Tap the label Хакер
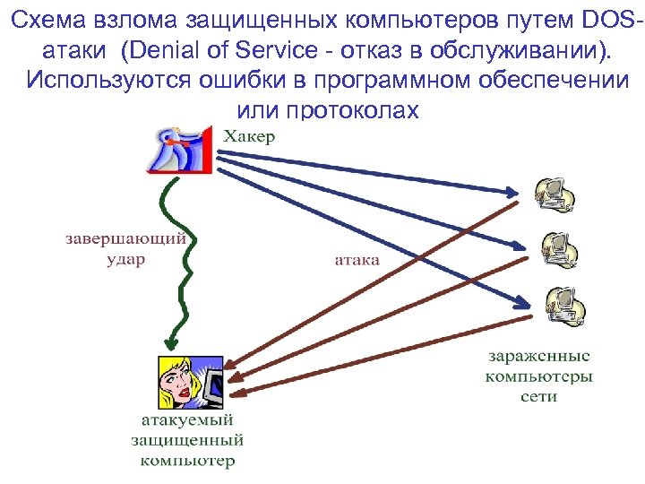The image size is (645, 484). (x=249, y=137)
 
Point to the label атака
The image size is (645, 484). (x=357, y=260)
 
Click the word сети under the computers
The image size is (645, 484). (x=539, y=395)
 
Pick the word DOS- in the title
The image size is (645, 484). (x=598, y=19)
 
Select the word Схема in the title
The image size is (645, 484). (x=56, y=19)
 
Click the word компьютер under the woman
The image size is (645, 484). (x=187, y=461)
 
